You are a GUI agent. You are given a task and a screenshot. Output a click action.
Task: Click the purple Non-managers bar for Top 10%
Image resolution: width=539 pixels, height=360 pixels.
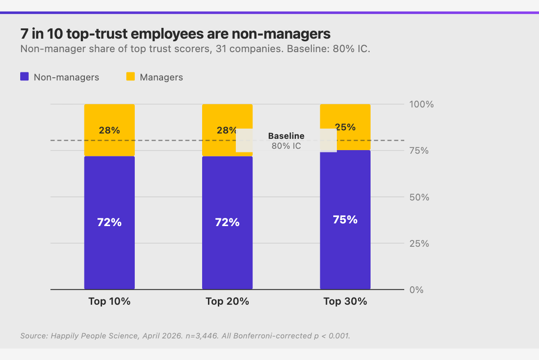point(109,252)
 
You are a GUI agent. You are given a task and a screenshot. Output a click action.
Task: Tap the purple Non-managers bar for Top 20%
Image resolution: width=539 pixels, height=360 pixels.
point(227,252)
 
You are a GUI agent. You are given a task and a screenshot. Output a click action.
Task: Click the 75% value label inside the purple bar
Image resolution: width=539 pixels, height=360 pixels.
point(345,220)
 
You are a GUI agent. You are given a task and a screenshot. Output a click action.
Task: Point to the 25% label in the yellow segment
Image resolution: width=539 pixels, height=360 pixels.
point(345,127)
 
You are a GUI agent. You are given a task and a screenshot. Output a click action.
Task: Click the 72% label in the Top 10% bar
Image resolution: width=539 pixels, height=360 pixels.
point(109,222)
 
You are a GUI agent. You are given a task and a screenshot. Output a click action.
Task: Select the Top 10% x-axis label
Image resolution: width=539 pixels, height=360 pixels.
point(109,301)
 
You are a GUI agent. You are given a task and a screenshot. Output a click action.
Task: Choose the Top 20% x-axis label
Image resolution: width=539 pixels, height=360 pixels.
point(227,301)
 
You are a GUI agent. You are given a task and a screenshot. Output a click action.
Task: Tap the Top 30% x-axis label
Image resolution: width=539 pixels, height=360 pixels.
point(345,301)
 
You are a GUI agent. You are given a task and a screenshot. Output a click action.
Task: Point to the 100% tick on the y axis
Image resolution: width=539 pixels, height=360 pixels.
point(421,104)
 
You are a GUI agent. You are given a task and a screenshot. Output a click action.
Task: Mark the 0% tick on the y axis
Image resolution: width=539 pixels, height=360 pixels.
point(416,290)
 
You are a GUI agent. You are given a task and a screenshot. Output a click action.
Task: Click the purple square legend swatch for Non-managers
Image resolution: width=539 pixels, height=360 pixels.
point(25,77)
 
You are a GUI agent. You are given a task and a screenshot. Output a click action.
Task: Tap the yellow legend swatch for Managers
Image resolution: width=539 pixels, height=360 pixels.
point(130,77)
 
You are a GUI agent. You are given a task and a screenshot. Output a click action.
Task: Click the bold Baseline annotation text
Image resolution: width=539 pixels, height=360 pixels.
point(286,136)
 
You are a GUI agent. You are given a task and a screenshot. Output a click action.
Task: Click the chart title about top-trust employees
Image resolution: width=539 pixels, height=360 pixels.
point(175,34)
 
